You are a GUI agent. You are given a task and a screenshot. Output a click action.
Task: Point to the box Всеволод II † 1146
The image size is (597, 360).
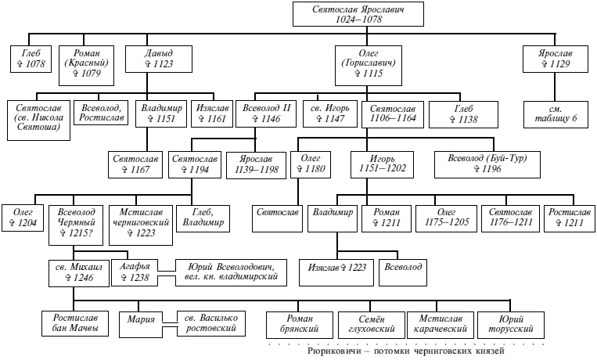click(266, 113)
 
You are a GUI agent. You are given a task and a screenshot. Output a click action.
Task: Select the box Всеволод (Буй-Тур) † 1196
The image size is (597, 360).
click(492, 164)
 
